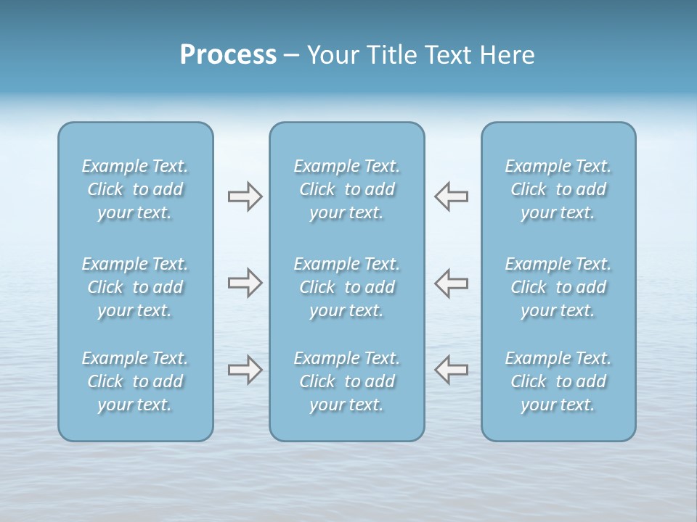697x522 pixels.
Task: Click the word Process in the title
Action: click(x=228, y=55)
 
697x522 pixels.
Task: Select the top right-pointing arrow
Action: click(x=245, y=196)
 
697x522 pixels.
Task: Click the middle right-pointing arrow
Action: click(x=245, y=283)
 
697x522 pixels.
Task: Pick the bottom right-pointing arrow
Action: click(x=245, y=370)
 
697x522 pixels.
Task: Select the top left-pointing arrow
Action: click(x=452, y=196)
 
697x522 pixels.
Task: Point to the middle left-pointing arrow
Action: click(x=452, y=283)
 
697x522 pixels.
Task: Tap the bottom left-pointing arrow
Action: click(x=452, y=370)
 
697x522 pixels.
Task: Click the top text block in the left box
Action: click(x=135, y=189)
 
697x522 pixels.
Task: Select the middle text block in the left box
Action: click(x=135, y=287)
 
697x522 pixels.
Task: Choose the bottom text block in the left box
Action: click(x=135, y=381)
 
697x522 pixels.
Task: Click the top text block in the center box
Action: click(x=347, y=189)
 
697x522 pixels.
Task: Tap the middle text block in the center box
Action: click(x=347, y=287)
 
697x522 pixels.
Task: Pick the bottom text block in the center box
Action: click(x=347, y=381)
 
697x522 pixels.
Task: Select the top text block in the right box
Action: click(x=558, y=189)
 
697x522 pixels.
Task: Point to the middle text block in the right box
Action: click(x=558, y=287)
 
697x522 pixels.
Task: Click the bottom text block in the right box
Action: click(x=558, y=381)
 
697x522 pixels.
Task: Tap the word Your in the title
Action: click(x=330, y=55)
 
